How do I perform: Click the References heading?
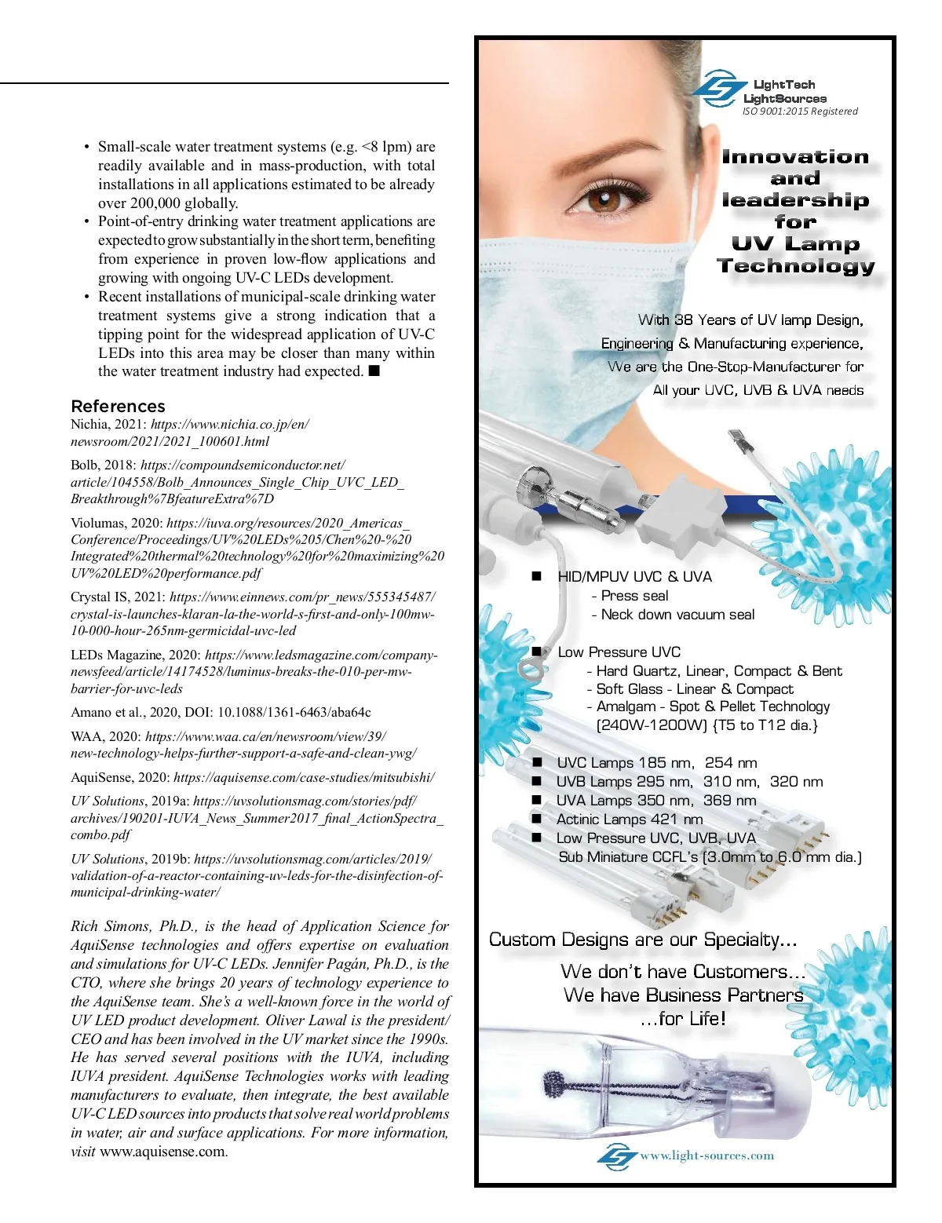coord(118,406)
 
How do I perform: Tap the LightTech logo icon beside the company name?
coord(718,89)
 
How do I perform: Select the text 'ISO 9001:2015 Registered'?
coord(800,111)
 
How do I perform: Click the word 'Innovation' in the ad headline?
coord(795,156)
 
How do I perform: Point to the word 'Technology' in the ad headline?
coord(796,265)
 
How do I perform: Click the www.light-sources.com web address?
coord(706,1155)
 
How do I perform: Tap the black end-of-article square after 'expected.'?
coord(374,371)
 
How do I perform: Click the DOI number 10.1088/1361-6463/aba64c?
coord(294,712)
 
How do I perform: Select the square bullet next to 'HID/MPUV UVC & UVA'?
coord(536,575)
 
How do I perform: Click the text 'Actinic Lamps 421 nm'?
coord(629,819)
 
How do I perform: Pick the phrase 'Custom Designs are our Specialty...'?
coord(643,940)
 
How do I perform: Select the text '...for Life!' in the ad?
coord(683,1018)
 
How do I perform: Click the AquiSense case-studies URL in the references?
coord(304,777)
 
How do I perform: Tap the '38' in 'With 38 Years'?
coord(683,319)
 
